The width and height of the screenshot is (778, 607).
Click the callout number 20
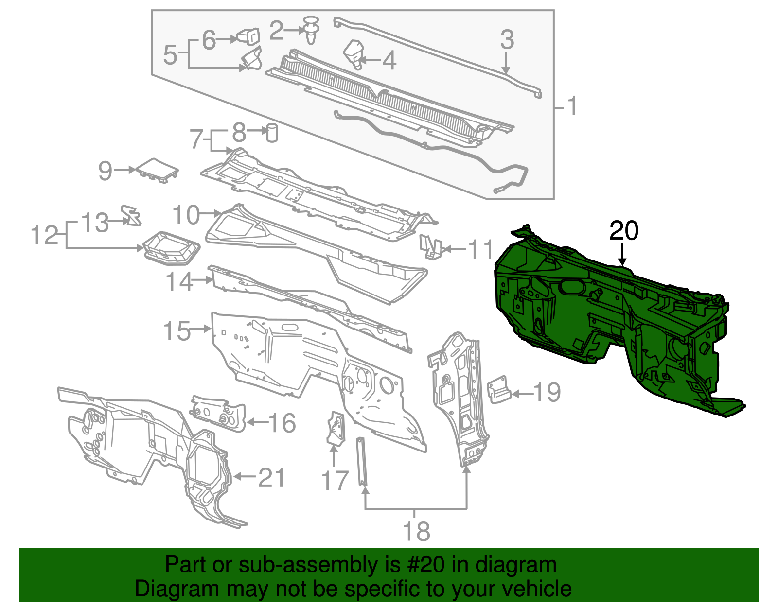[x=623, y=231]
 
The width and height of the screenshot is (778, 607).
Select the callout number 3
[x=507, y=40]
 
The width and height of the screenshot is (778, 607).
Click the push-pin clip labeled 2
[x=311, y=29]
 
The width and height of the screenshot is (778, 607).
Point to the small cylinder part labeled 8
[x=272, y=133]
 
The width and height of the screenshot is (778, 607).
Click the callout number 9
[x=105, y=171]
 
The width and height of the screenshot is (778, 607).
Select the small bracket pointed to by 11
[x=430, y=247]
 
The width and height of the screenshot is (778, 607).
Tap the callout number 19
[x=548, y=393]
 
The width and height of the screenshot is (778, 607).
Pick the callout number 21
[x=271, y=478]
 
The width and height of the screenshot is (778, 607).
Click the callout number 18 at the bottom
[x=416, y=531]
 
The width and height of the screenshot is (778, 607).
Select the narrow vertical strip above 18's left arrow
[x=362, y=461]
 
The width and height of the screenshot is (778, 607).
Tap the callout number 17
[x=335, y=481]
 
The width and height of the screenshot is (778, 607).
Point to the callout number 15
[x=177, y=331]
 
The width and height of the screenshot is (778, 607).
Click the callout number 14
[x=179, y=282]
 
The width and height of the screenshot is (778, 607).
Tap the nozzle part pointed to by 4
[x=354, y=53]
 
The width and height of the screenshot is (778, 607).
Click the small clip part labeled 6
[x=248, y=36]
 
